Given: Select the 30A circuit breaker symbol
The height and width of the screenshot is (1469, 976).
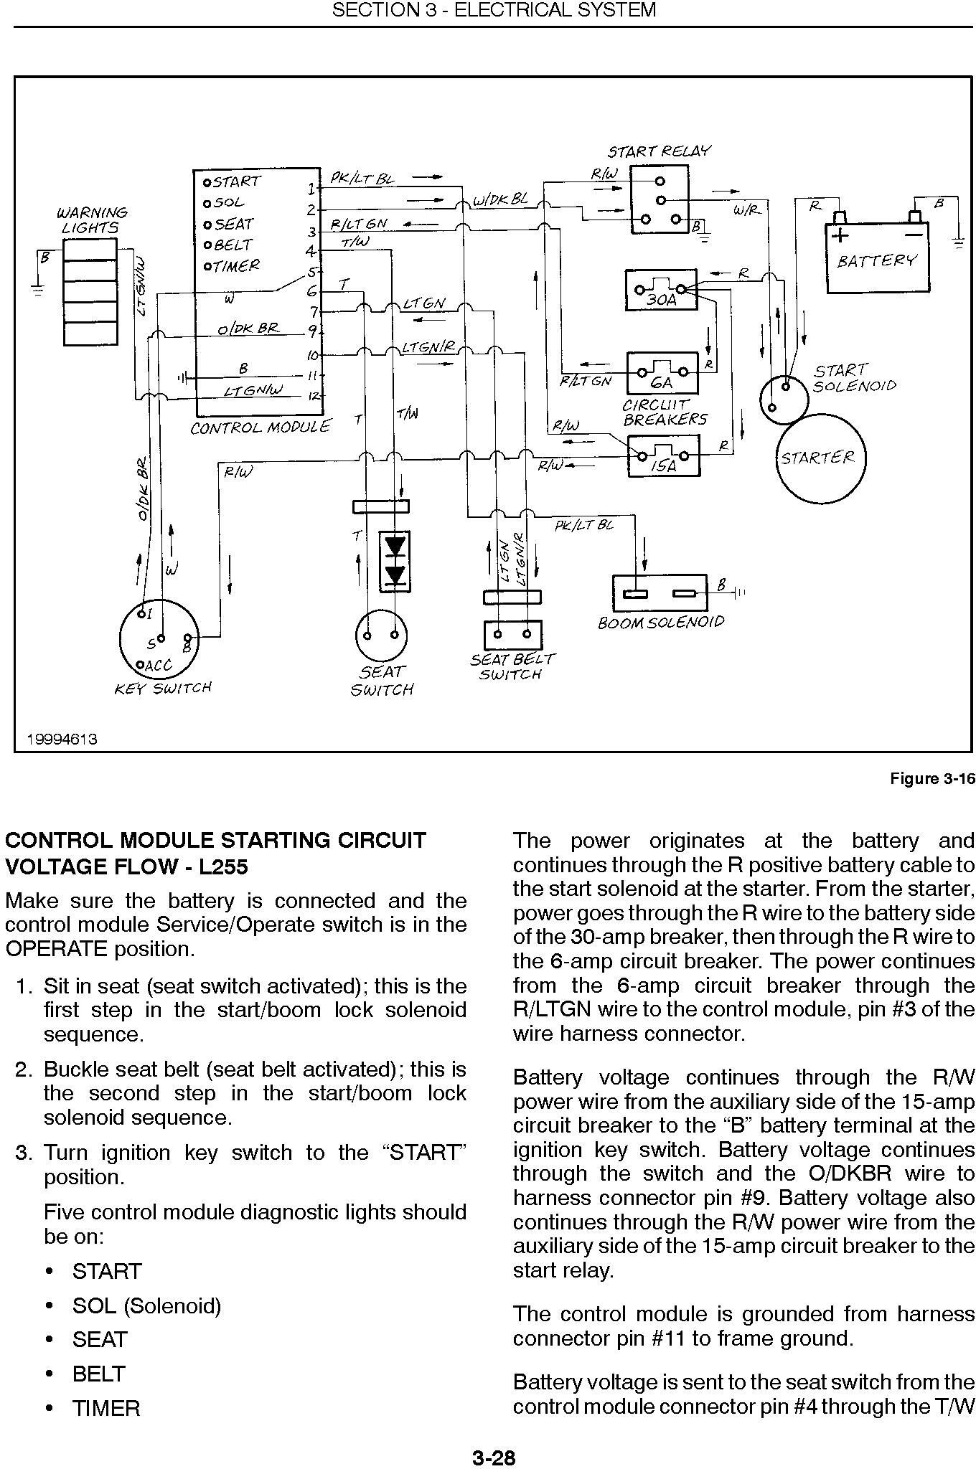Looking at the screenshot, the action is click(x=661, y=290).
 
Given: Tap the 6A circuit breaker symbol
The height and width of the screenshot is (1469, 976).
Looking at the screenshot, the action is click(x=662, y=372).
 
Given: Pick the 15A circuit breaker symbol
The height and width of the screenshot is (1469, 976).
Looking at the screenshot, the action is click(x=662, y=455).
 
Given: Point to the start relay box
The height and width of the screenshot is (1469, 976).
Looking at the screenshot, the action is click(x=659, y=199).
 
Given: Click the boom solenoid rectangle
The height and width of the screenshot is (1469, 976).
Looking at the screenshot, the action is click(x=660, y=593).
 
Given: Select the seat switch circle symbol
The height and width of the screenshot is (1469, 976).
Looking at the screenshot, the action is click(x=381, y=636).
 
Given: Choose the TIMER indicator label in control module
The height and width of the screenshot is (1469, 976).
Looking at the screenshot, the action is click(x=232, y=266).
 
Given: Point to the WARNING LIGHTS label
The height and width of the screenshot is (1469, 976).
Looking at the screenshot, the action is click(x=92, y=220).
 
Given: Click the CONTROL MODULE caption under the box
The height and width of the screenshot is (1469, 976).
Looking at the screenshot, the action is click(x=261, y=428).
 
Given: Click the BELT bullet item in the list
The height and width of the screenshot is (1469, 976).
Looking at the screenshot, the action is click(x=99, y=1374).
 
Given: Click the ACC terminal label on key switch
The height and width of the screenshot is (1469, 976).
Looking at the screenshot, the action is click(x=158, y=666).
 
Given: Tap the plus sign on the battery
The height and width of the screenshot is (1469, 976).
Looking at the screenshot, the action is click(x=839, y=235).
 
